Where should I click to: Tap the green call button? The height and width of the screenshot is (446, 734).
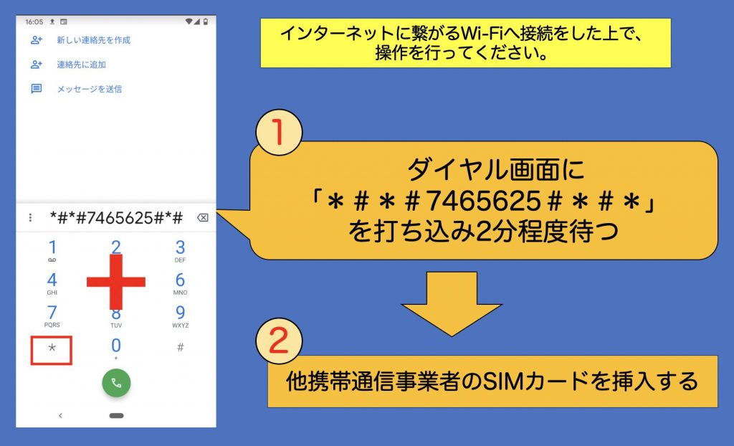coord(116,383)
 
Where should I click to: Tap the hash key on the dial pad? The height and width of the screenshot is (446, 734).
coord(180,347)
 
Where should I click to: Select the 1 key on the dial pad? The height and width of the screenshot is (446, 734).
coord(52,251)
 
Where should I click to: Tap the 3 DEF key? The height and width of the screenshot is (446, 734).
coord(180,251)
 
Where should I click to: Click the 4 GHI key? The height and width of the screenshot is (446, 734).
coord(52,283)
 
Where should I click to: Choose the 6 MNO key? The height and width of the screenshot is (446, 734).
coord(180,283)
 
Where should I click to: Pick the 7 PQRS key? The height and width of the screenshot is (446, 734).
coord(52,315)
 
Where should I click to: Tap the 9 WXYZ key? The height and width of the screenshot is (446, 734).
coord(180,315)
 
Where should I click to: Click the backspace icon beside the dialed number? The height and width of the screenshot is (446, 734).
coord(203,217)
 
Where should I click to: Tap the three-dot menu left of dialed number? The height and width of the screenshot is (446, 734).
coord(30,217)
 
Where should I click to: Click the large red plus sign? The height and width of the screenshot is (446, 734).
coord(116,282)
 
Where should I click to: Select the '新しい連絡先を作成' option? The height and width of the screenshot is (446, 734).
coord(94,40)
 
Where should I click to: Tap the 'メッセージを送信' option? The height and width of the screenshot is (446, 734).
coord(90,89)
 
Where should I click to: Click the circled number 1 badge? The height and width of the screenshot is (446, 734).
coord(279,133)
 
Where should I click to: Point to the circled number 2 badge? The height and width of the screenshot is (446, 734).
coord(279,341)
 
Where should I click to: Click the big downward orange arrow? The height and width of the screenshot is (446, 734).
coord(452,303)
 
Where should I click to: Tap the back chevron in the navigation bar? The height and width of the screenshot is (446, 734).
coord(60,416)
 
